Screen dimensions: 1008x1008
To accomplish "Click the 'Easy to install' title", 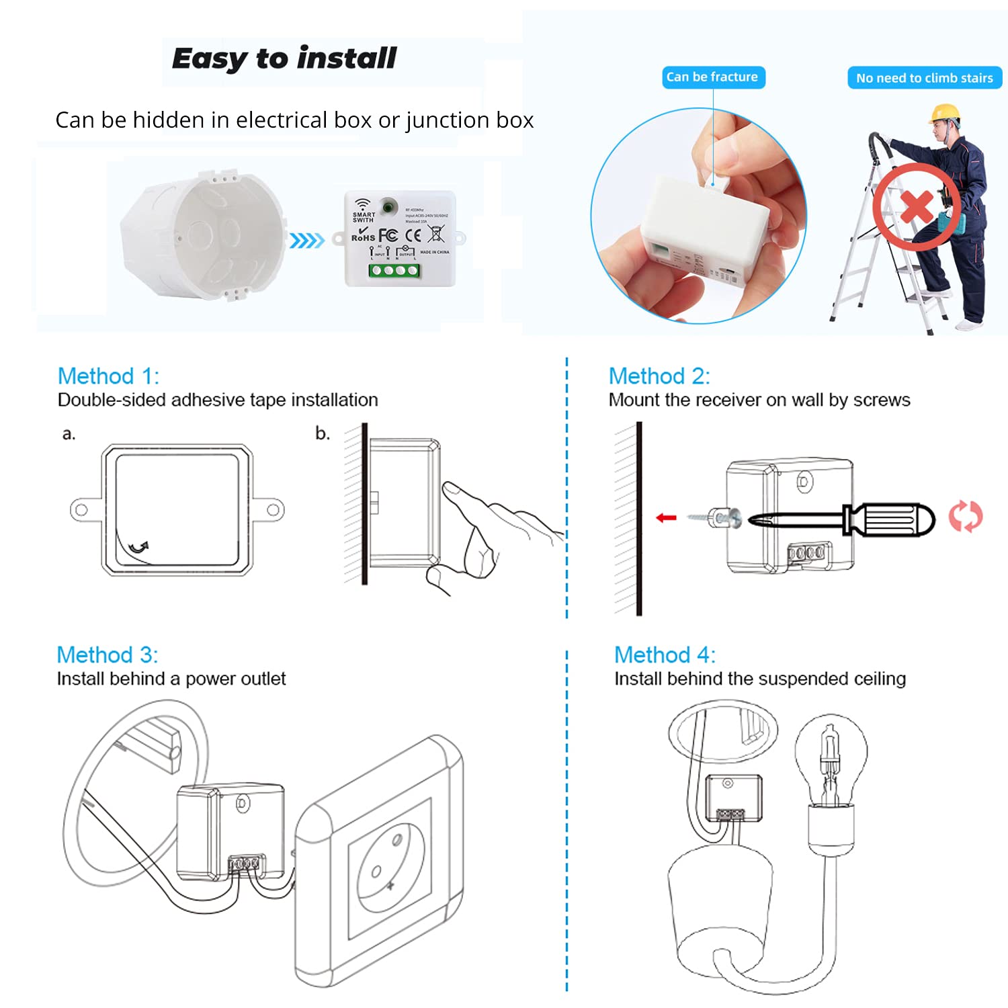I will click(284, 58).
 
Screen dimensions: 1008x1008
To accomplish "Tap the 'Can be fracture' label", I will click(712, 77).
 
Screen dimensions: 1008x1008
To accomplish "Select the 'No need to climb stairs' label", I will click(924, 78).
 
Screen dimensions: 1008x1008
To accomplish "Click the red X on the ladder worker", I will click(917, 207).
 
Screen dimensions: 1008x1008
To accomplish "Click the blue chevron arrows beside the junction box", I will click(306, 240).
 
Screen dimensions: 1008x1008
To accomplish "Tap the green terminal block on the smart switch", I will click(394, 271).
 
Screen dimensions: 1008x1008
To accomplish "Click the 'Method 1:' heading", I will click(108, 376).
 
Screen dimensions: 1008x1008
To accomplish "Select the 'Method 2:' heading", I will click(659, 376).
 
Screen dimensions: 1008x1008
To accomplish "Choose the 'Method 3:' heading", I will click(107, 655).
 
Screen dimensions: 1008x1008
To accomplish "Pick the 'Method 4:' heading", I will click(665, 655).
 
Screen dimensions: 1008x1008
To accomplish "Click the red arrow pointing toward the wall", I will click(666, 517).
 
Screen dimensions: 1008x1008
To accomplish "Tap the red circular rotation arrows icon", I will click(965, 517).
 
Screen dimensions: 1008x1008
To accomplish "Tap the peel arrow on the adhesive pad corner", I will click(139, 547).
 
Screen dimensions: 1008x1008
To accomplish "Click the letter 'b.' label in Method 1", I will click(323, 433).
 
